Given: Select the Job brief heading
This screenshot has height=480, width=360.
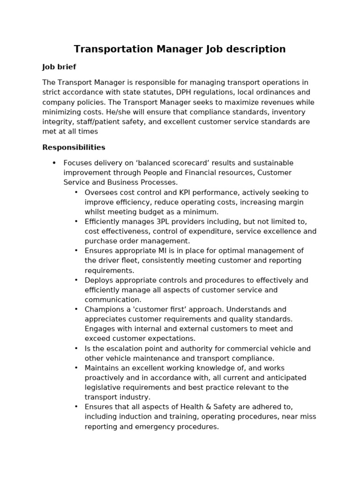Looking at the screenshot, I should pos(59,67).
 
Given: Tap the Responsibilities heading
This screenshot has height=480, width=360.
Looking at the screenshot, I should pos(74,148).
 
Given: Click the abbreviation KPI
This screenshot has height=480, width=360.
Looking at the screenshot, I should pos(186,193).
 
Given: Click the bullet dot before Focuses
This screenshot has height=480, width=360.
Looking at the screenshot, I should pos(54,163).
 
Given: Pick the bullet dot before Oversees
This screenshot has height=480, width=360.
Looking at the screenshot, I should pos(76,193).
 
